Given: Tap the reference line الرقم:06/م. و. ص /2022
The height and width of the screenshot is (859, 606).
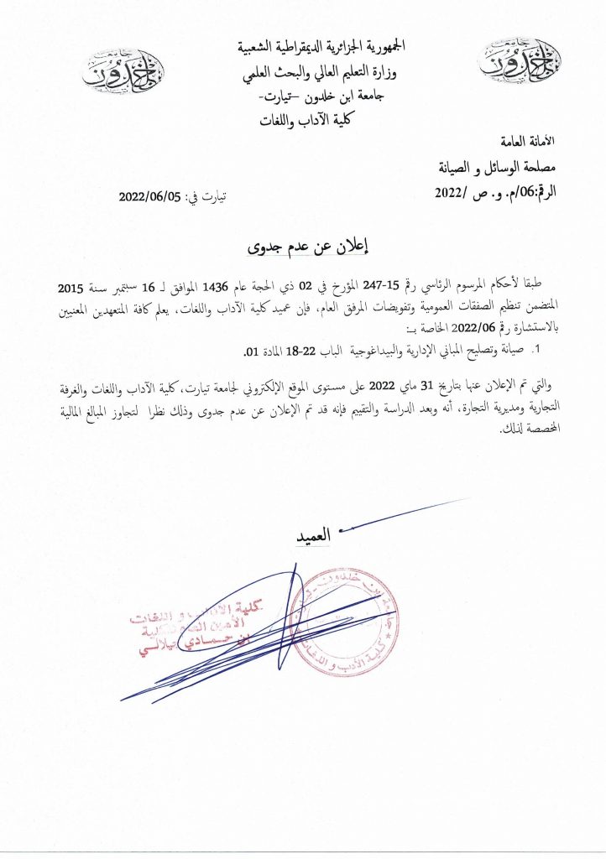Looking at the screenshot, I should pos(499,193).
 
